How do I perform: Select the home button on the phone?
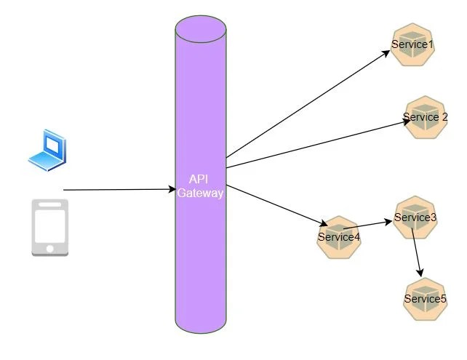tap(49, 248)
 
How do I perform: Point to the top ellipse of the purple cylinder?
tap(201, 31)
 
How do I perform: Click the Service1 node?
tap(412, 45)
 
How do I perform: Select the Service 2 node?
tap(425, 117)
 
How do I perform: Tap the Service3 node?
tap(415, 217)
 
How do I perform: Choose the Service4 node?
tap(339, 236)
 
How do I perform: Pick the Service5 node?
tap(425, 298)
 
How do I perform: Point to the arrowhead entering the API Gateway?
tap(172, 191)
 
